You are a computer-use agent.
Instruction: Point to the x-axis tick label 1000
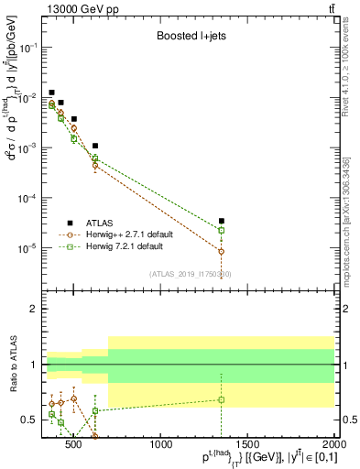[x=162, y=445]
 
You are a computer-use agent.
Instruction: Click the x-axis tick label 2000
[x=333, y=445]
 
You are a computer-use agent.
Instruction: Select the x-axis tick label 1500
[x=248, y=445]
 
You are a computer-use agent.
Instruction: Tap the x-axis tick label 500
[x=75, y=445]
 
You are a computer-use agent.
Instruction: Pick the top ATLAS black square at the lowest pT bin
[x=52, y=93]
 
